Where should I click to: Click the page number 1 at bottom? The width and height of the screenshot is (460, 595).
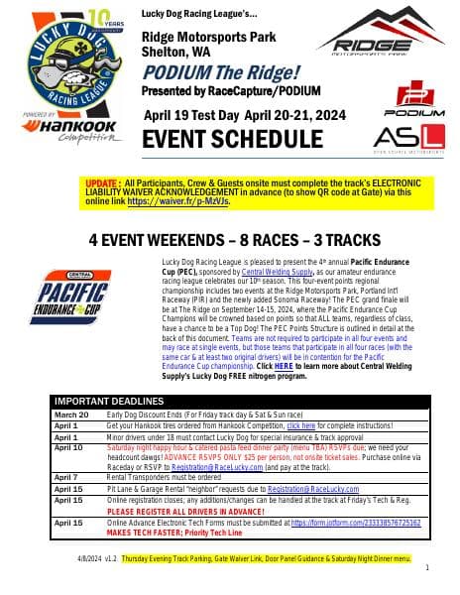click(426, 568)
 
